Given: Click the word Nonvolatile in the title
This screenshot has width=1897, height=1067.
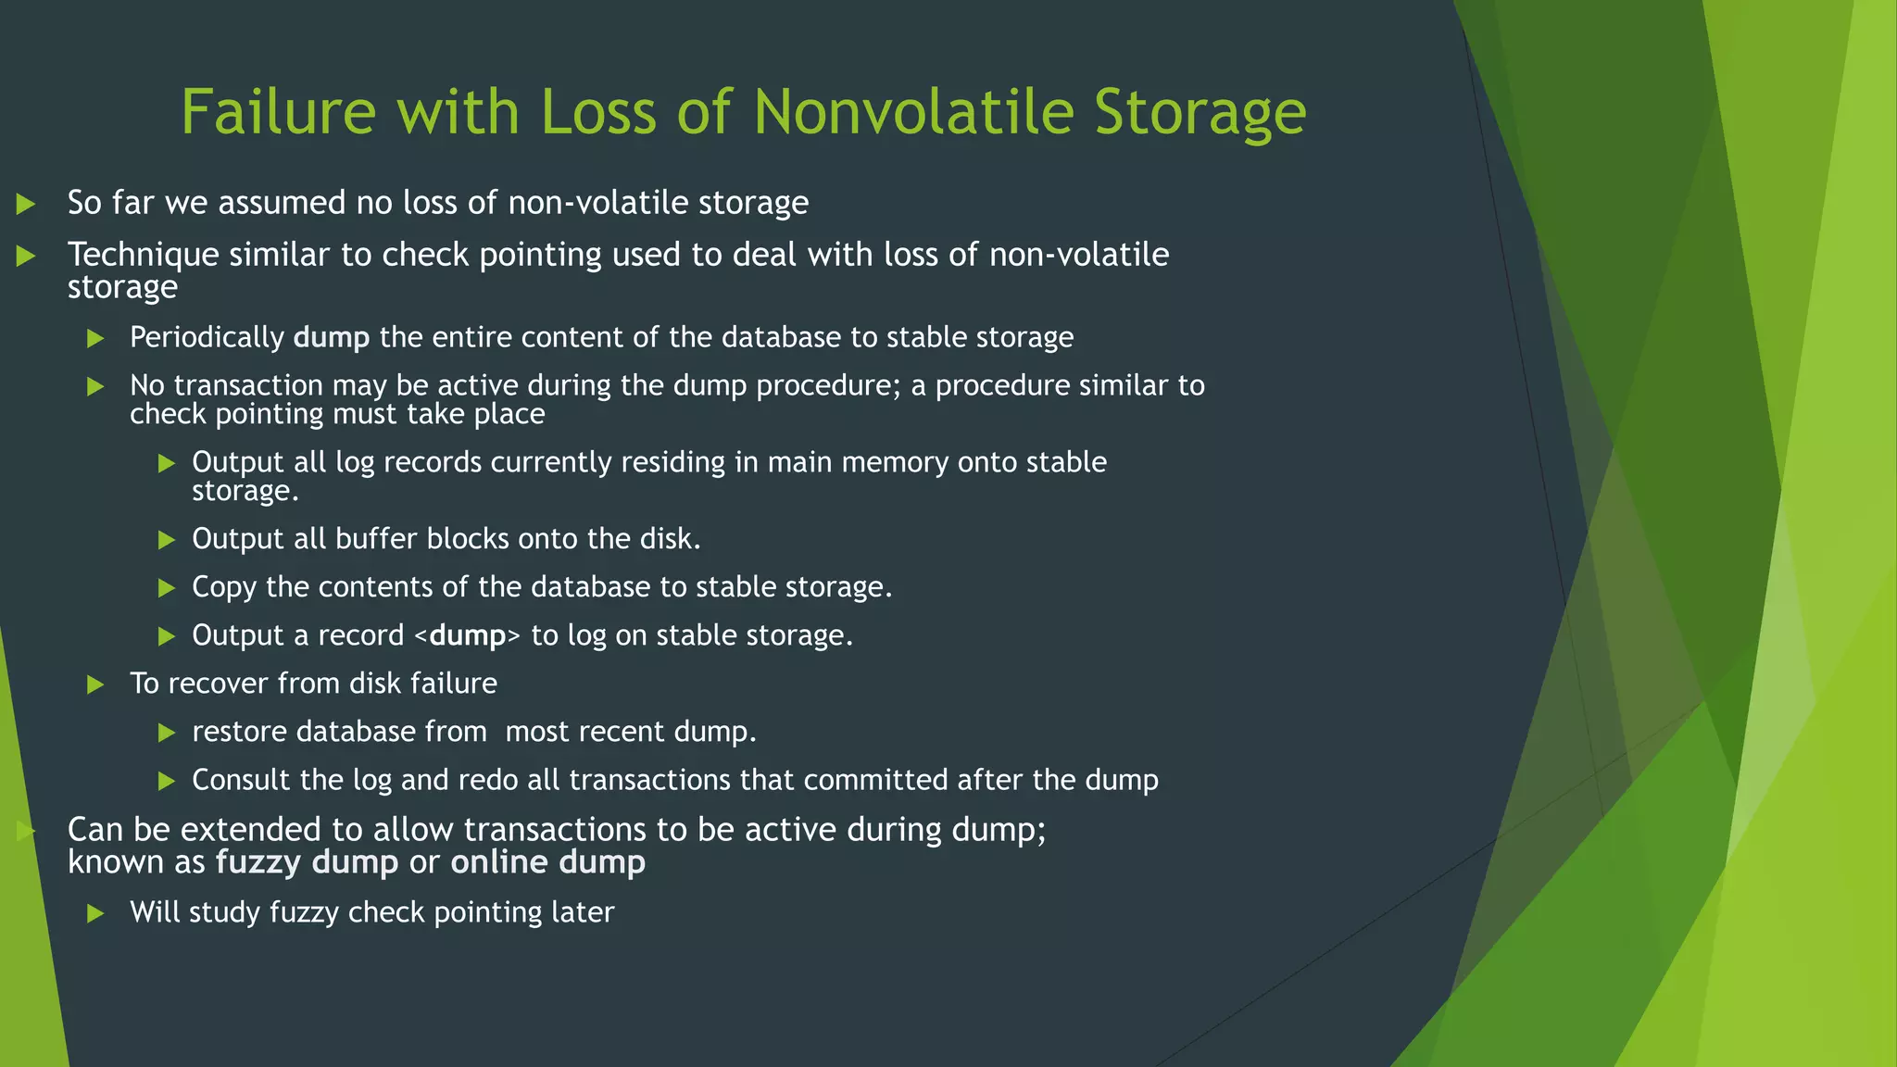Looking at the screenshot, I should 913,112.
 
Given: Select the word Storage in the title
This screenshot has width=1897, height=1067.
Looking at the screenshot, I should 1200,112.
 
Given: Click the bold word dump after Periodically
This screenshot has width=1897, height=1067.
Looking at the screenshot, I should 331,337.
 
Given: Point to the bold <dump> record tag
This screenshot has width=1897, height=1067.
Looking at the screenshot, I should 467,635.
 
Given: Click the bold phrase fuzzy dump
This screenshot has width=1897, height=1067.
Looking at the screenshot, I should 307,862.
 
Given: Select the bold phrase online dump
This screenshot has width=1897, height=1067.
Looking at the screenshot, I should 547,862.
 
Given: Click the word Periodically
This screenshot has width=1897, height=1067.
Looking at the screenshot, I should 207,337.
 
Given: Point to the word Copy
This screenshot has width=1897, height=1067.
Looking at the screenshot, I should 223,587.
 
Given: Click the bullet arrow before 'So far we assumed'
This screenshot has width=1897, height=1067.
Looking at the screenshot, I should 26,204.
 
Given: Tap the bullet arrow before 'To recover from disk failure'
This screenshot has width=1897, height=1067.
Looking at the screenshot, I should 95,684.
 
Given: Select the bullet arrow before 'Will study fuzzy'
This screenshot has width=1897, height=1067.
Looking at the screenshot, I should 95,913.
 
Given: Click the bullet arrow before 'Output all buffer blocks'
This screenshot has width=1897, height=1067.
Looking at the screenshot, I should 167,540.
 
